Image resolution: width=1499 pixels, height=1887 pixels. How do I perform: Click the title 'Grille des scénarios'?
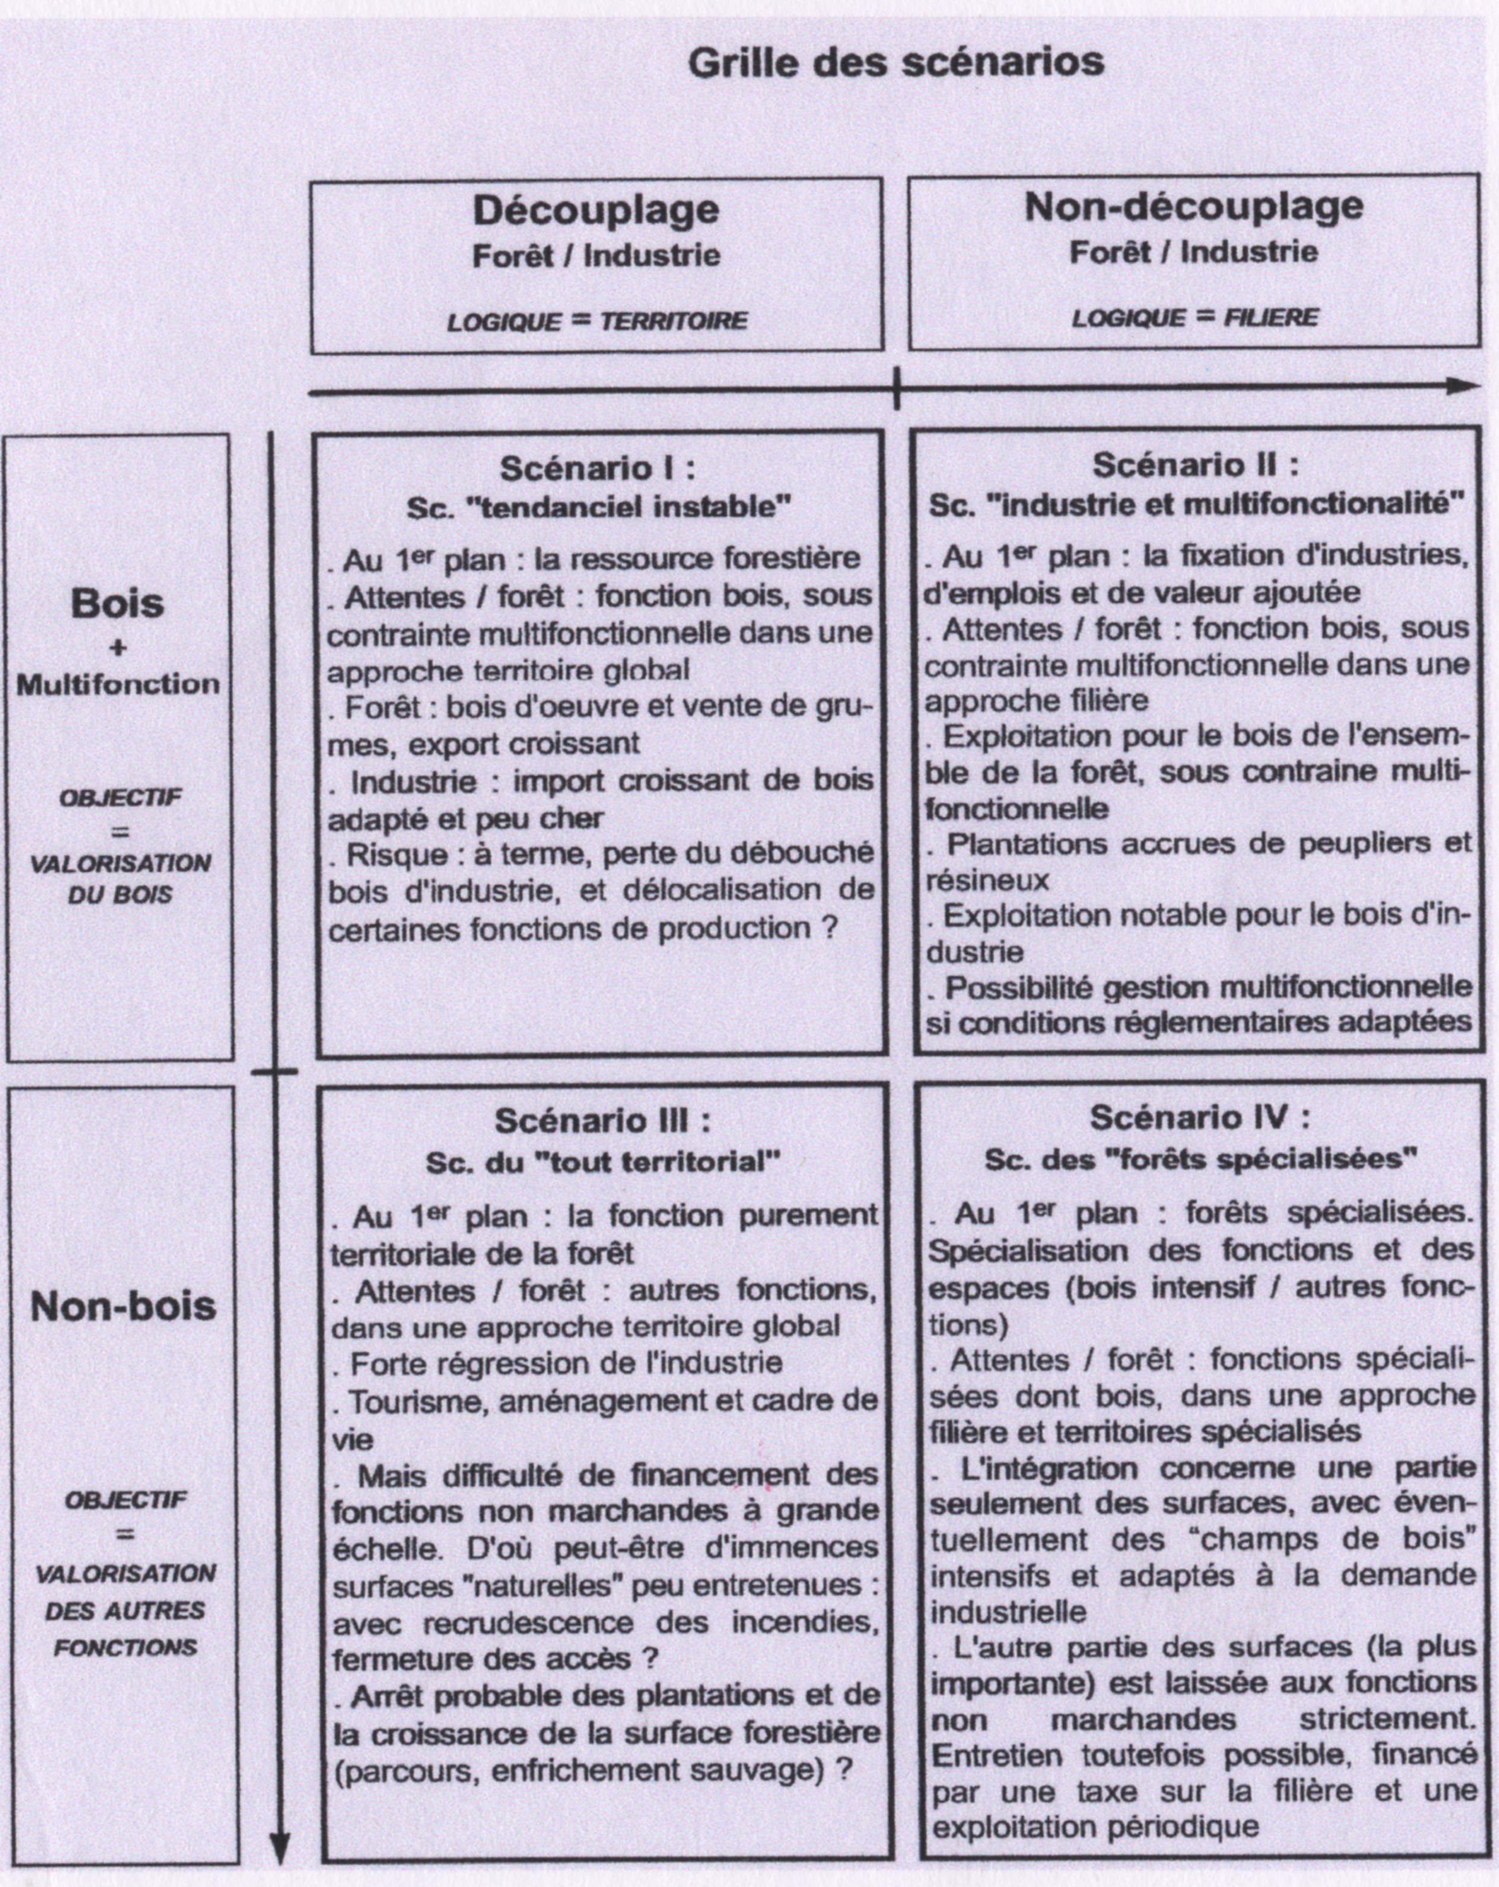[895, 63]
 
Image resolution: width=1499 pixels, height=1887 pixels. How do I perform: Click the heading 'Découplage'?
[596, 210]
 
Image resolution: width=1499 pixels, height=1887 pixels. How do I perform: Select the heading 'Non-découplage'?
[1194, 207]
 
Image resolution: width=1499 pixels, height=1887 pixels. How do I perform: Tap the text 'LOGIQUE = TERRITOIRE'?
[597, 321]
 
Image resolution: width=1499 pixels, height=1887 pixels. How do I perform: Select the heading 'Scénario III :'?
[602, 1121]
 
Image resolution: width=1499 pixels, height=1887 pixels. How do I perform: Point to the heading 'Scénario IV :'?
[1200, 1117]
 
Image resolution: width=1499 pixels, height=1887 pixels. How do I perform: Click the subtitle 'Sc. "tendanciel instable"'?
[599, 508]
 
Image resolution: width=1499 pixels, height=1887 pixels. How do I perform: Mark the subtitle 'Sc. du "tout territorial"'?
[602, 1162]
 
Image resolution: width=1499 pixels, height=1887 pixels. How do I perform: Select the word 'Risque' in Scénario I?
[385, 854]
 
